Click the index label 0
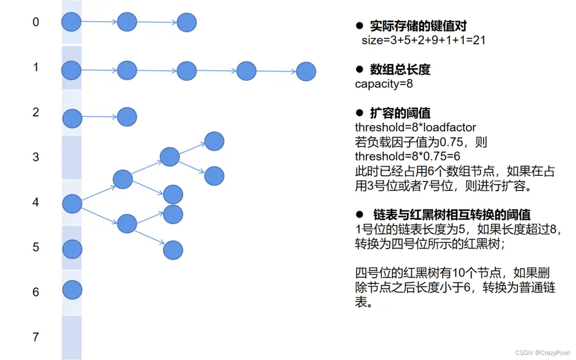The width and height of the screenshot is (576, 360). pyautogui.click(x=36, y=22)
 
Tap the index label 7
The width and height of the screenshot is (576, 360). pyautogui.click(x=36, y=337)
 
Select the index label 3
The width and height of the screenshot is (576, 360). pyautogui.click(x=36, y=157)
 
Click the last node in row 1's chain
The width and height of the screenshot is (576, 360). pyautogui.click(x=306, y=71)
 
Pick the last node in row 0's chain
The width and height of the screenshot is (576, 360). pyautogui.click(x=187, y=23)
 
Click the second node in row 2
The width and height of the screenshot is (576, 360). pyautogui.click(x=127, y=117)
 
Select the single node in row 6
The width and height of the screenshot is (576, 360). pyautogui.click(x=72, y=290)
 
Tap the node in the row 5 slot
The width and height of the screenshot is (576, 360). pyautogui.click(x=72, y=249)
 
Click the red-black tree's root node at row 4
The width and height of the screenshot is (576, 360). pyautogui.click(x=72, y=204)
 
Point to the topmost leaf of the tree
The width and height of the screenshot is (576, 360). pyautogui.click(x=214, y=142)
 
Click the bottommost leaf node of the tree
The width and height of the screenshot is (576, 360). pyautogui.click(x=173, y=250)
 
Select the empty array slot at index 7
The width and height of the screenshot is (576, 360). pyautogui.click(x=72, y=337)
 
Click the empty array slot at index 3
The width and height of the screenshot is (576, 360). pyautogui.click(x=72, y=157)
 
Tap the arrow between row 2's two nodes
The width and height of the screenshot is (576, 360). pyautogui.click(x=100, y=117)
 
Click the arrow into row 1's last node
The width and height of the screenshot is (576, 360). pyautogui.click(x=276, y=71)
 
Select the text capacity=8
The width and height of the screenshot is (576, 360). pyautogui.click(x=384, y=84)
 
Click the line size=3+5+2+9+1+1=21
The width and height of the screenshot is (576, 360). pyautogui.click(x=423, y=40)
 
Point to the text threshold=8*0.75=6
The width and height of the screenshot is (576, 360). pyautogui.click(x=408, y=156)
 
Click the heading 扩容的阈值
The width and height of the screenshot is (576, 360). pyautogui.click(x=400, y=113)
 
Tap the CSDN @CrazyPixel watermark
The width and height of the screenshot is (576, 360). pyautogui.click(x=542, y=353)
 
